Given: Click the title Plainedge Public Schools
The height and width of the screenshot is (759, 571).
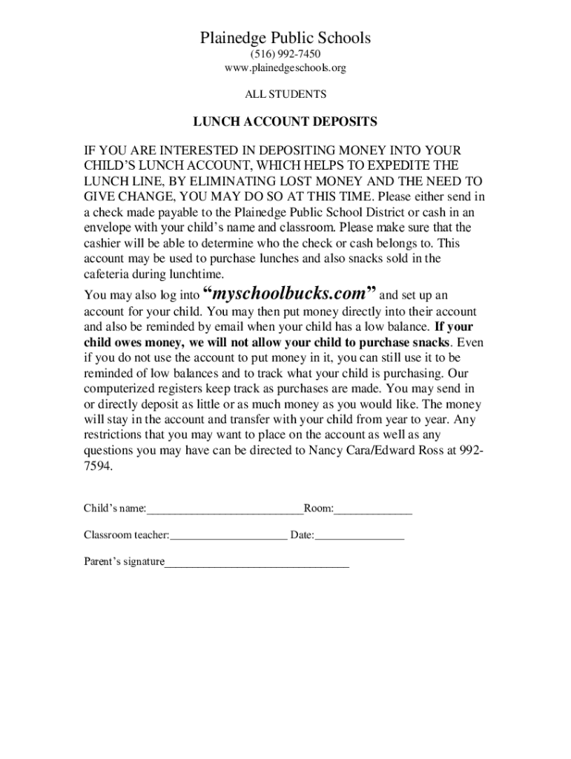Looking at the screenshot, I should (285, 38).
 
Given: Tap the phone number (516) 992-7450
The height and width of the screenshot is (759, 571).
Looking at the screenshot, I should (285, 54).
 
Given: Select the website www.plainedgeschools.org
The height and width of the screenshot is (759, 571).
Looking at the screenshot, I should (285, 68).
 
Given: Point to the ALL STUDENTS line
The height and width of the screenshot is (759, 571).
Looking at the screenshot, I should (285, 95).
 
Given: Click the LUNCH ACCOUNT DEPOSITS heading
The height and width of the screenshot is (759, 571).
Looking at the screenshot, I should (285, 122).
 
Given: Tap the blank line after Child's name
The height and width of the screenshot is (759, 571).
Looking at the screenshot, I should (225, 511).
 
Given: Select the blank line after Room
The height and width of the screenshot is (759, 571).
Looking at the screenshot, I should (373, 511).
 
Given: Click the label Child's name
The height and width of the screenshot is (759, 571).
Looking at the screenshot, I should (114, 508).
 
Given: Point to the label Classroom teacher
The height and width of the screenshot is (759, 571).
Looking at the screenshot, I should (125, 534).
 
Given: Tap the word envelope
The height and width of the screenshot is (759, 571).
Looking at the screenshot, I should (108, 227).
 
